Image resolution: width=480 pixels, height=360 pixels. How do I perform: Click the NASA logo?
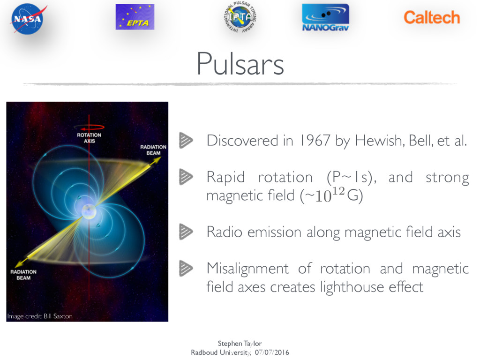(28, 19)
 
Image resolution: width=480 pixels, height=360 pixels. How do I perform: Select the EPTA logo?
(135, 17)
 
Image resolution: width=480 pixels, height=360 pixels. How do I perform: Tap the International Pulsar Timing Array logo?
(240, 17)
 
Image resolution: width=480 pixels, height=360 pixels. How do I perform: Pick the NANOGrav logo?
(325, 17)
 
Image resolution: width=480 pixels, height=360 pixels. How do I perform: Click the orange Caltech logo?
(432, 17)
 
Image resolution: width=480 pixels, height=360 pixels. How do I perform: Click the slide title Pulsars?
(240, 64)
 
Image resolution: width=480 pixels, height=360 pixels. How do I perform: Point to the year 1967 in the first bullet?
(315, 141)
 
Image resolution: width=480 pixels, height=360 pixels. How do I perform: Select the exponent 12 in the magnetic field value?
(339, 191)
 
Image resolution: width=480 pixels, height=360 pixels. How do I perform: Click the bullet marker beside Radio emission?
(186, 232)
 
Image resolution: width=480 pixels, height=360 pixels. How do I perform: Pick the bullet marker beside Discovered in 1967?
(186, 140)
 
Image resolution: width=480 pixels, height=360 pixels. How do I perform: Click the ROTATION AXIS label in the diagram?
(89, 138)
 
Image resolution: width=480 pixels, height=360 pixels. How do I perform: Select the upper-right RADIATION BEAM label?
(153, 150)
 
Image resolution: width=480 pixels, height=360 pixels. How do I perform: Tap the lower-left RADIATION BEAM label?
(23, 275)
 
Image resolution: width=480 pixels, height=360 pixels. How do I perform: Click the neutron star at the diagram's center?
(89, 211)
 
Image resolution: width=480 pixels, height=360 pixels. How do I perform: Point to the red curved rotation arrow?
(89, 127)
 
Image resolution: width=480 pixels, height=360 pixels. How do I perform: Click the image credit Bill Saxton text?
(40, 316)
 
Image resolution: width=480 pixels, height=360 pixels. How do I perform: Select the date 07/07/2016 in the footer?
(272, 352)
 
